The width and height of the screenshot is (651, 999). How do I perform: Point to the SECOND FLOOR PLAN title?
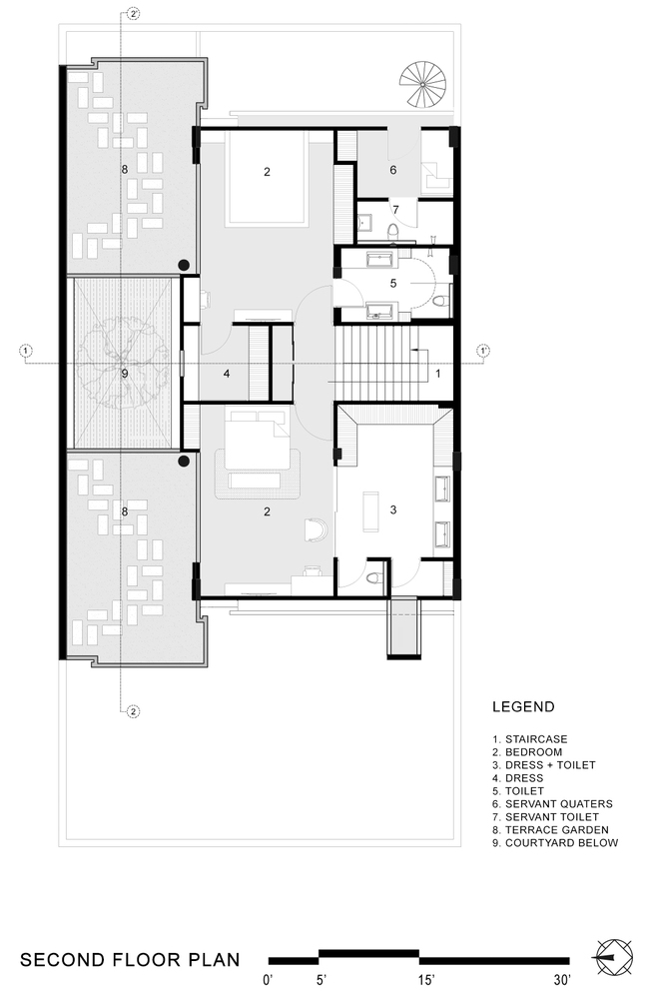[131, 961]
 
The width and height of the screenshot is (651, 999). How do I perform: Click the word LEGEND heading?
[523, 707]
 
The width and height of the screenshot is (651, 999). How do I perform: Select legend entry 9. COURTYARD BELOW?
[555, 843]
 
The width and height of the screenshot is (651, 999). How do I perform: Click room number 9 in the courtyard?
[125, 374]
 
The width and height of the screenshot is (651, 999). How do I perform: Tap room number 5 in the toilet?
[392, 284]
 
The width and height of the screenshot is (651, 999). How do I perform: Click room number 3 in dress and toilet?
[393, 509]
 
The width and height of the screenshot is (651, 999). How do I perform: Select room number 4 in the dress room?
[228, 375]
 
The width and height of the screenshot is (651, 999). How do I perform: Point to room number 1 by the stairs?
[438, 374]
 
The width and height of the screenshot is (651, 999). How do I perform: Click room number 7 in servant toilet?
[395, 210]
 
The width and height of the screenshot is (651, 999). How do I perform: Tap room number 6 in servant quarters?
[392, 170]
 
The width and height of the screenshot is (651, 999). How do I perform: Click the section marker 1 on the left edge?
[26, 351]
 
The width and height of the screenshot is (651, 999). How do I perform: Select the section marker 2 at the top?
[133, 14]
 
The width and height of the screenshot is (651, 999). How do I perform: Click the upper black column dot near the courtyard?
[184, 265]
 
